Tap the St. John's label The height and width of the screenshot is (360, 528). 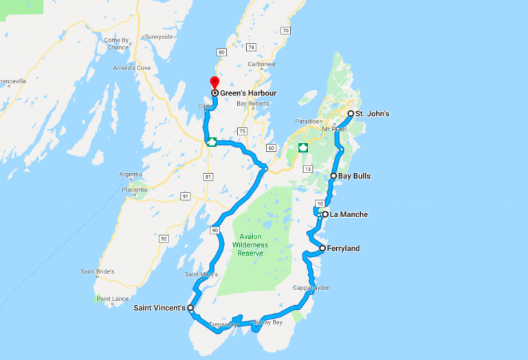coord(373,113)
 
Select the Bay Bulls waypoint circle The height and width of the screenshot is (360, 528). coord(333,176)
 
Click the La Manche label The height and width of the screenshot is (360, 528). coord(349,214)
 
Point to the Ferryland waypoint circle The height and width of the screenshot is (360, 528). coord(322,248)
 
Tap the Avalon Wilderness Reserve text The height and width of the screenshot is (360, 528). coord(250,245)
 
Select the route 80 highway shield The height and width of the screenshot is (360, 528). coord(221,52)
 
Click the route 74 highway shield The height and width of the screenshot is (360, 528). coord(252,47)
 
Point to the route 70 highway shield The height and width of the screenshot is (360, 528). coord(285,30)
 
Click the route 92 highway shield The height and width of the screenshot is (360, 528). coord(163,238)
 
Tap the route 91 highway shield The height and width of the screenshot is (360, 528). coord(185,196)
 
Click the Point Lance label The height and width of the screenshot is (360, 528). coord(113,299)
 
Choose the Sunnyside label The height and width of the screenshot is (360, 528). coord(157,36)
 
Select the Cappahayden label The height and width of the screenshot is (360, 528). coord(311,287)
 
